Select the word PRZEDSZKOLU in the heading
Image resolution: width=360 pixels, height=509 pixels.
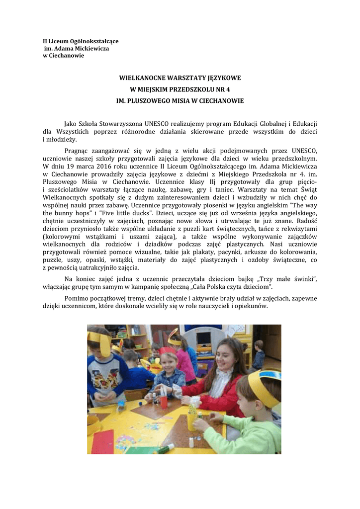click(191, 89)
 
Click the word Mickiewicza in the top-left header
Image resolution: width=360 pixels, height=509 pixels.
click(92, 48)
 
